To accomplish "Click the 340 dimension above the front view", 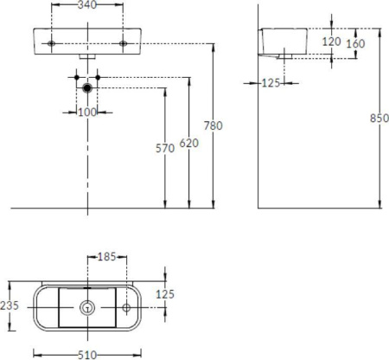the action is (x=87, y=5).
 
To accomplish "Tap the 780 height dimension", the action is (x=214, y=125).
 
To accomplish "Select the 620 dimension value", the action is (x=189, y=143).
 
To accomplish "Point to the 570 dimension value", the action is (x=165, y=148).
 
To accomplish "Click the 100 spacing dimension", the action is (x=87, y=112).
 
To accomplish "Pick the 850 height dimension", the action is (x=379, y=118).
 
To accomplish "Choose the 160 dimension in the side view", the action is (x=355, y=44).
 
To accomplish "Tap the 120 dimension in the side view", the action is (x=331, y=42).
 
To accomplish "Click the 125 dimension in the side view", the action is (x=271, y=83).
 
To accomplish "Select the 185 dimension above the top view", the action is (x=106, y=257).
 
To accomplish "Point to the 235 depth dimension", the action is (x=10, y=305).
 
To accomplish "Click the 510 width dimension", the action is (x=87, y=355).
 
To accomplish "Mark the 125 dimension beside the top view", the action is (x=165, y=294).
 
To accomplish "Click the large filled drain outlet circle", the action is (x=87, y=87).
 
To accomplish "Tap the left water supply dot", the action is (x=77, y=77).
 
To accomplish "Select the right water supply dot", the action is (x=98, y=77).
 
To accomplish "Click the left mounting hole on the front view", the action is (x=51, y=43).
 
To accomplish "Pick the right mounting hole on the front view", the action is (x=123, y=43).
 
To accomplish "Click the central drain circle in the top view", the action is (x=87, y=308).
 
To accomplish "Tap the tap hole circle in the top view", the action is (x=126, y=308).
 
